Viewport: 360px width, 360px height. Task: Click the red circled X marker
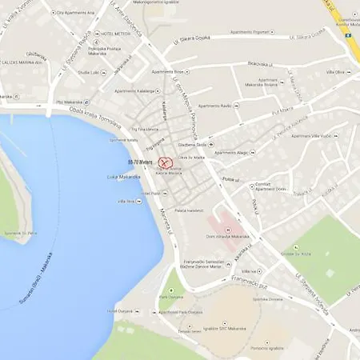pyautogui.click(x=166, y=162)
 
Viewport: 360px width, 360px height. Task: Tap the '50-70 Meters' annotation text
pyautogui.click(x=141, y=162)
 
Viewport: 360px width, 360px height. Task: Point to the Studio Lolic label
pyautogui.click(x=89, y=71)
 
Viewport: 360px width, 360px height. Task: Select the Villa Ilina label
pyautogui.click(x=126, y=201)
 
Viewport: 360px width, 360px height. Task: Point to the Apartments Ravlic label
pyautogui.click(x=214, y=106)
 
